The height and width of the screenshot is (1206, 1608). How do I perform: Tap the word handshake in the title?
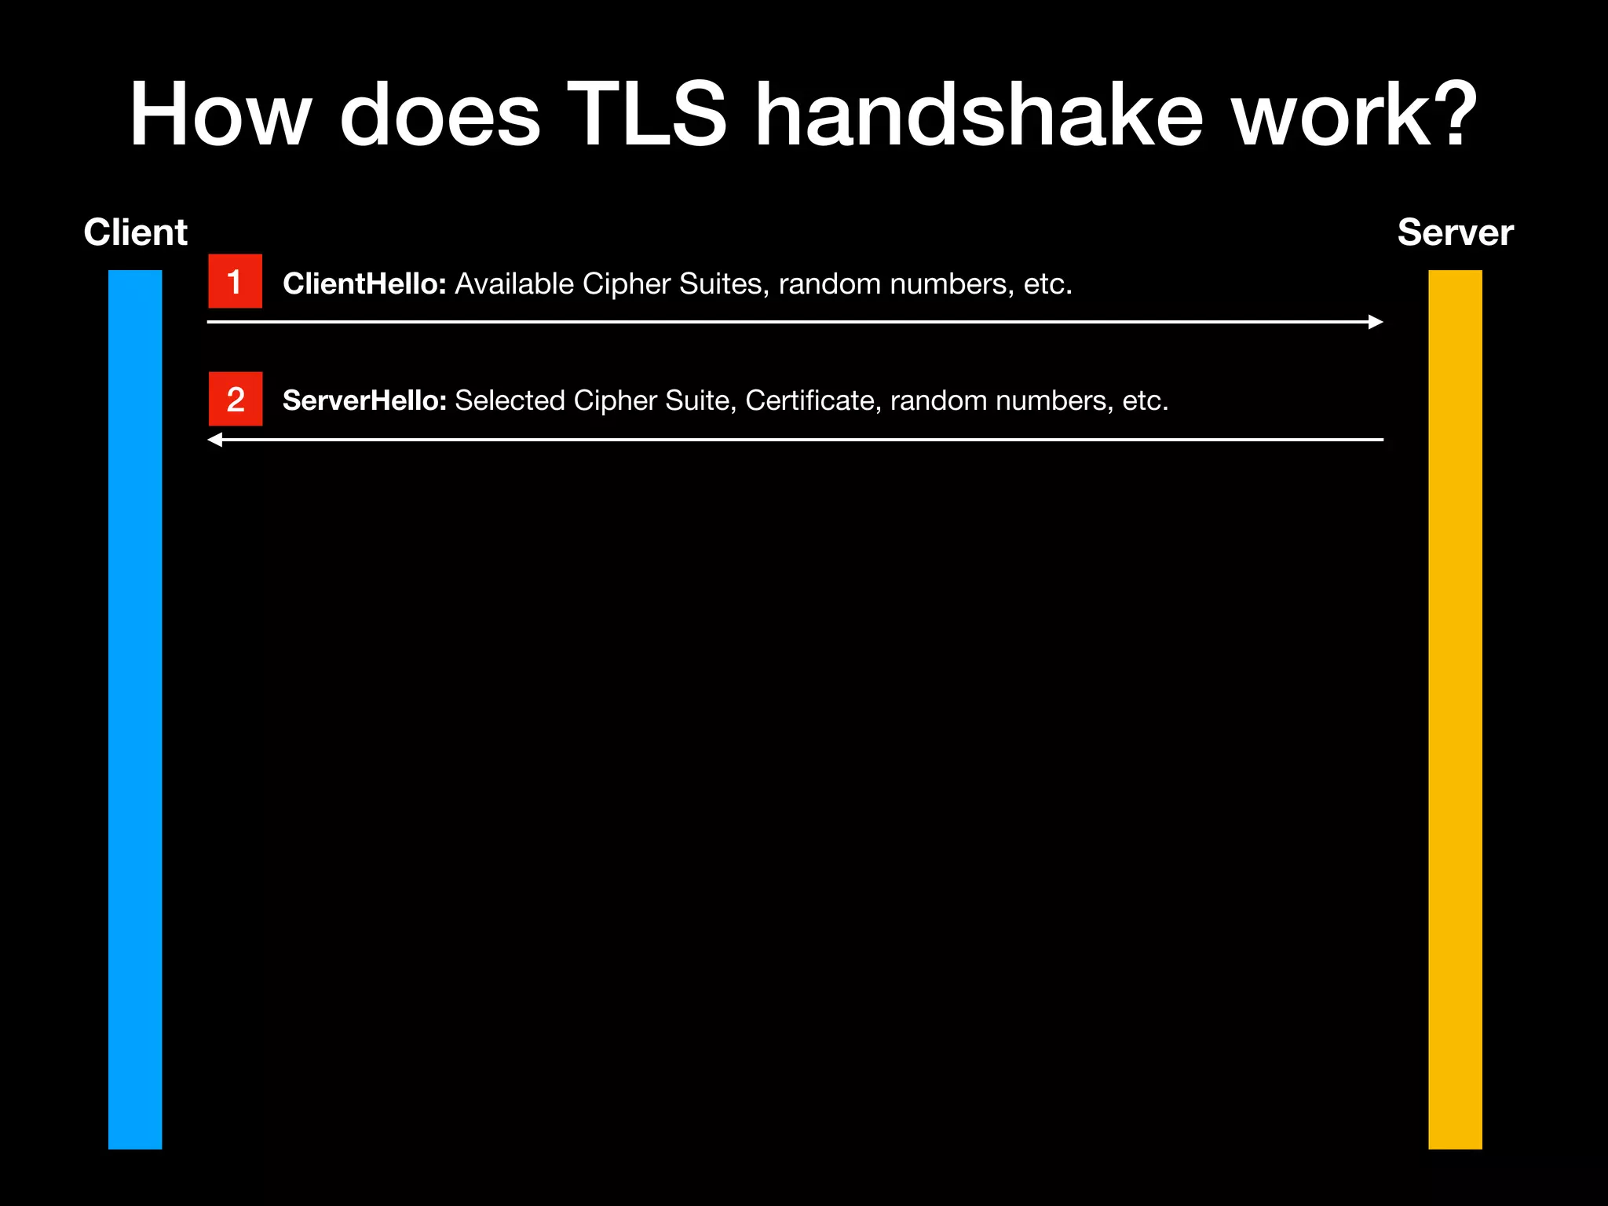[978, 115]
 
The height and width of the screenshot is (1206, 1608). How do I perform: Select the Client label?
[135, 233]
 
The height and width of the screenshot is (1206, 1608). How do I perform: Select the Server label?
[1455, 233]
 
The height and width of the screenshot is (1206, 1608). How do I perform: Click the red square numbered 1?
[235, 281]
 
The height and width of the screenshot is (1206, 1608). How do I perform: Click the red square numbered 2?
[235, 399]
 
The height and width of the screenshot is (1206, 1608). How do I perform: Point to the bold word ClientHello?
[364, 284]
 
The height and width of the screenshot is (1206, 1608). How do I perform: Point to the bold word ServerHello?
[364, 401]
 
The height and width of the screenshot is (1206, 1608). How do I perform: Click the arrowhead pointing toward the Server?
[1375, 322]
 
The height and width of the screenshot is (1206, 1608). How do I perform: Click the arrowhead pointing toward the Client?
[215, 440]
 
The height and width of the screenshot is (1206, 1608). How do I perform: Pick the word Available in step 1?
[514, 284]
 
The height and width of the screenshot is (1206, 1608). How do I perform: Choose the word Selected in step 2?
[510, 401]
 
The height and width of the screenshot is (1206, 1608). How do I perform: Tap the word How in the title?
[220, 115]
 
